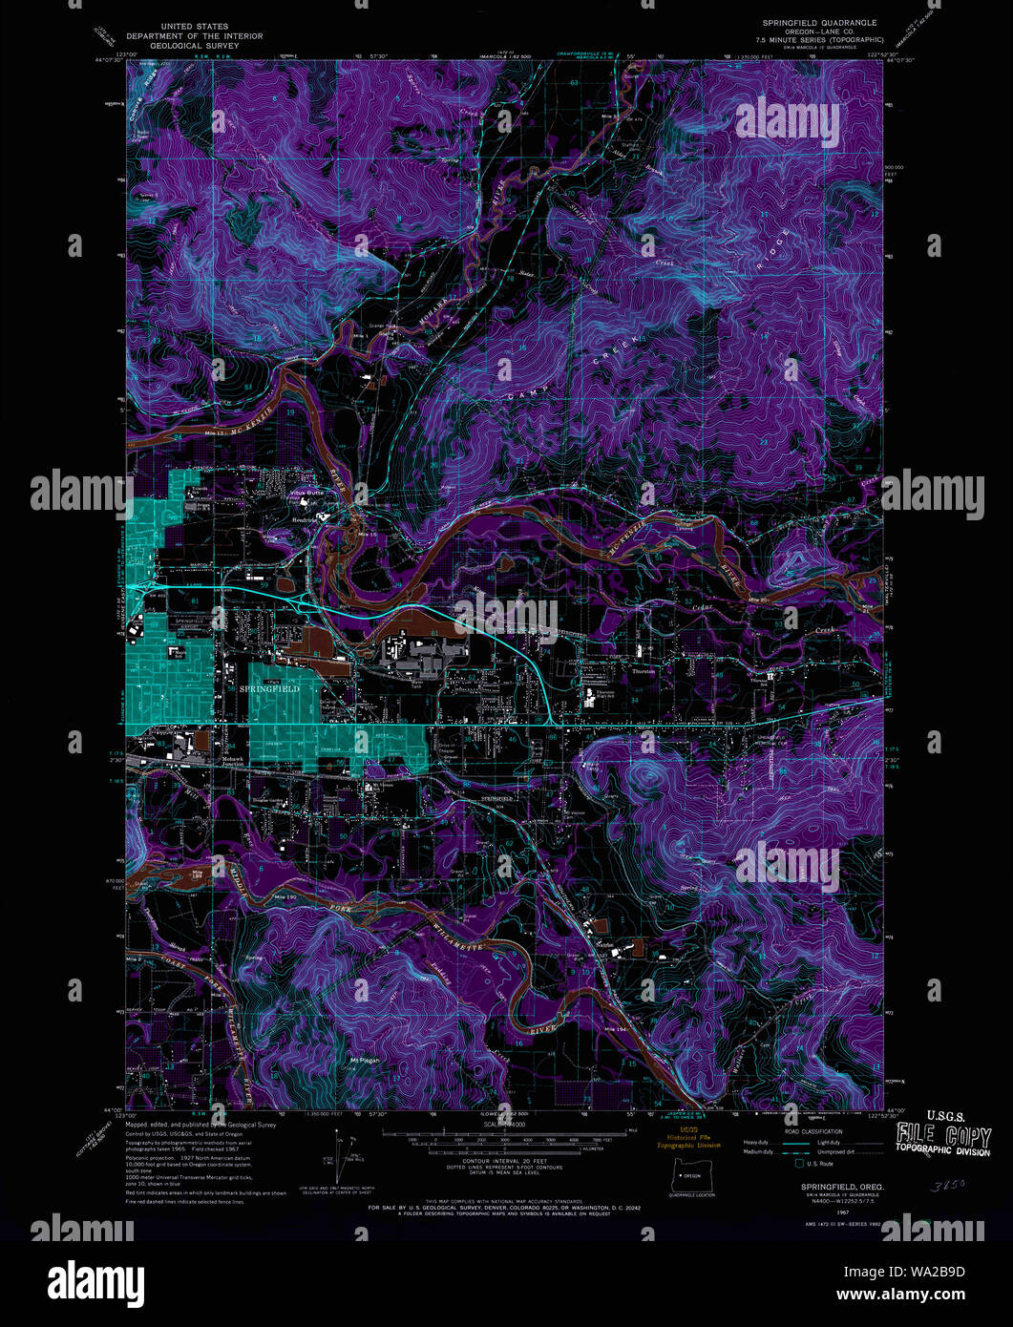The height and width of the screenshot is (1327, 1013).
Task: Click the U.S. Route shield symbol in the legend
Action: [x=788, y=1162]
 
